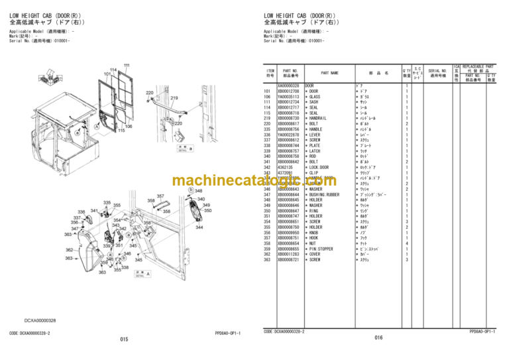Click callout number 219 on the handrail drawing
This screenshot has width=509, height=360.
(174, 97)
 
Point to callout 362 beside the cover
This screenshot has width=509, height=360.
(87, 249)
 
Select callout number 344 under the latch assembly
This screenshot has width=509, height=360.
(199, 226)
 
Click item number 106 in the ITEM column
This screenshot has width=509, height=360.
(268, 96)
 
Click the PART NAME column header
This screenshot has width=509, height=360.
(329, 73)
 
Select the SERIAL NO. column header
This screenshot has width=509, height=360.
(437, 71)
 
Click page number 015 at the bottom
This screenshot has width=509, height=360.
(124, 339)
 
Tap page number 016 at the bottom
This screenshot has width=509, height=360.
(378, 337)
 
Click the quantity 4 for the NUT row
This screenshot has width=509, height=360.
(406, 243)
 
